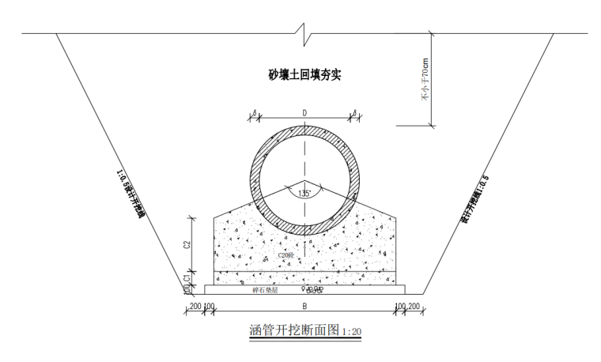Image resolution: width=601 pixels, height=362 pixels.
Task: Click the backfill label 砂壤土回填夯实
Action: coord(304,76)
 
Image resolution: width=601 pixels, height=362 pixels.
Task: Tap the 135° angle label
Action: coord(304,193)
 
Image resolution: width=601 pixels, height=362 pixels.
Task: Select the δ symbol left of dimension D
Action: coord(255,113)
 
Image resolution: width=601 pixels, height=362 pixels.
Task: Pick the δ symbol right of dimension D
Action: coord(353,113)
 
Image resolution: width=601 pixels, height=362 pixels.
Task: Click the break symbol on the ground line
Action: coord(304,33)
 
